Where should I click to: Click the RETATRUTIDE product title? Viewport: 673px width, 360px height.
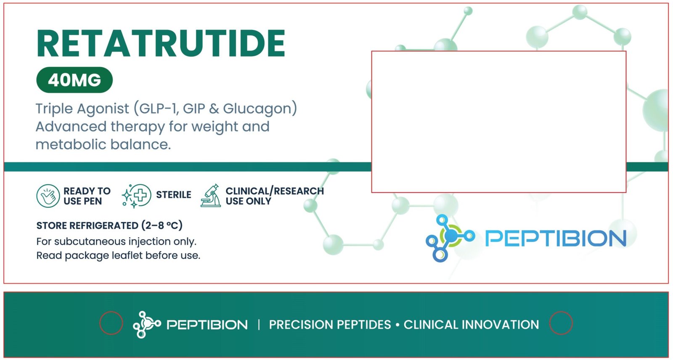(161, 43)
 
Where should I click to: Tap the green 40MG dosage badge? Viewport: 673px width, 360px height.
(74, 80)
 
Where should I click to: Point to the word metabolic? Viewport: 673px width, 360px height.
(71, 145)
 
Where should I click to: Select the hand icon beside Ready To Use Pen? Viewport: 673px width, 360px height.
(48, 196)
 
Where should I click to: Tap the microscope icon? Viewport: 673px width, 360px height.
(211, 196)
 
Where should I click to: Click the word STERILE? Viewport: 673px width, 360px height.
(174, 195)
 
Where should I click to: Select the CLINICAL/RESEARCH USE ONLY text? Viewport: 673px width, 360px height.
(275, 196)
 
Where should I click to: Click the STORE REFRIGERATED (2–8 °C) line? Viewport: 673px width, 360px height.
(109, 225)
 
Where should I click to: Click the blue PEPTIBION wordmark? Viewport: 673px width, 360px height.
(556, 238)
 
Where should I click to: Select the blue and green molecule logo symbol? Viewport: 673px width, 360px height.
(450, 238)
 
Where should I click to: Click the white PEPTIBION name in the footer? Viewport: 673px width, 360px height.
(207, 325)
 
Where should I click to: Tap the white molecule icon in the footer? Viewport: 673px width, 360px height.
(147, 325)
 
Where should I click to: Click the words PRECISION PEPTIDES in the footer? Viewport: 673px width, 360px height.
(330, 325)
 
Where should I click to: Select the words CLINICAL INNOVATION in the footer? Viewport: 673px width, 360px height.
(471, 325)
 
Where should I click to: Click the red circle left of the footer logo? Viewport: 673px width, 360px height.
(100, 323)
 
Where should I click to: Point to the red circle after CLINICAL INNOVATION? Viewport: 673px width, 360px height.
(549, 323)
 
